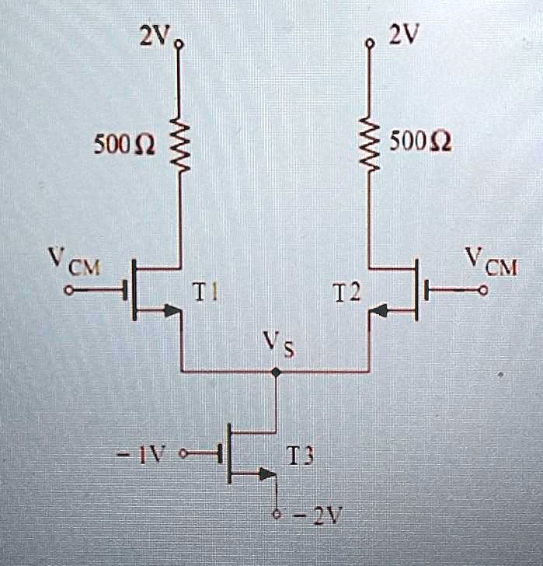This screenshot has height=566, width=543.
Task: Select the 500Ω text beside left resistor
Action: tap(124, 145)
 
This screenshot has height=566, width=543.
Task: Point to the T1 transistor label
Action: tap(206, 293)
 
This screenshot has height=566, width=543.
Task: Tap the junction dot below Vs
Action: tap(276, 372)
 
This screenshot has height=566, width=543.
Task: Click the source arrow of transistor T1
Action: tap(172, 313)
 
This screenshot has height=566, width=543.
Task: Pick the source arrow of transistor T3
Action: tap(267, 473)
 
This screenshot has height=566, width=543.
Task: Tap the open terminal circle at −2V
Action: tap(276, 515)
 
